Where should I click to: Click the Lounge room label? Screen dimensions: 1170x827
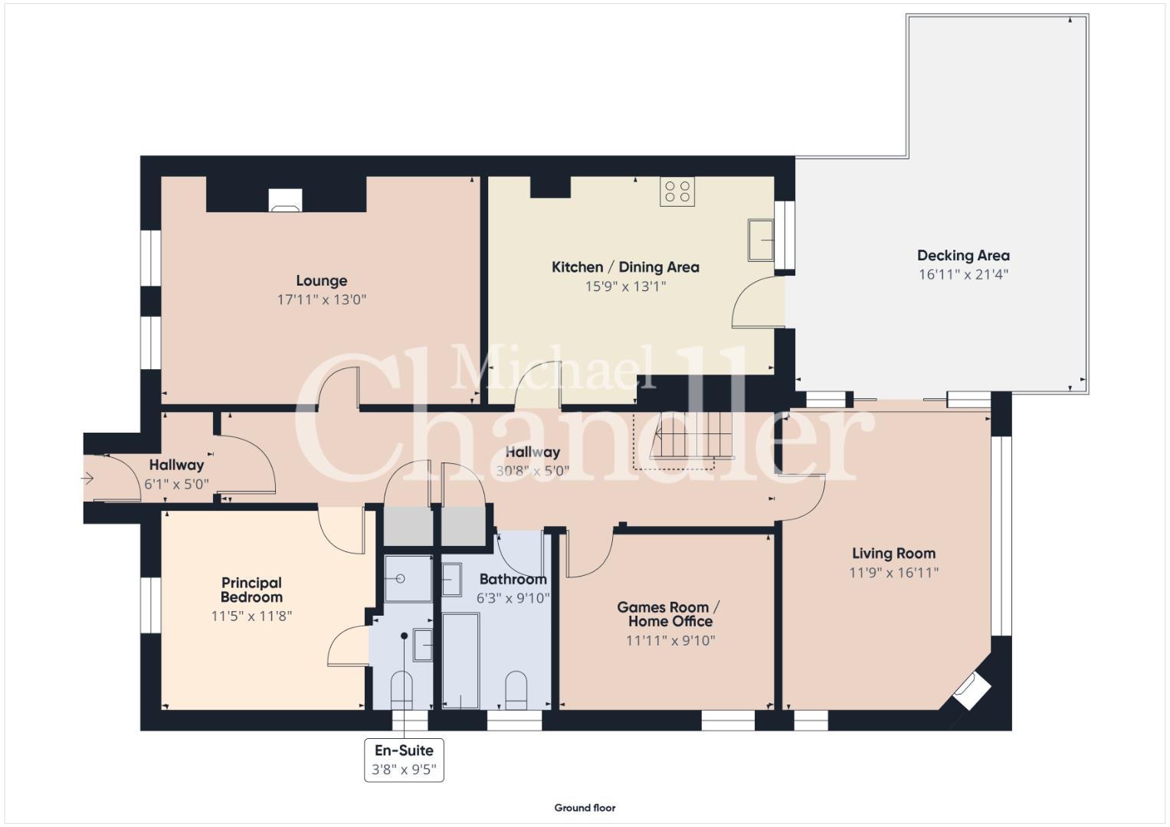click(x=321, y=281)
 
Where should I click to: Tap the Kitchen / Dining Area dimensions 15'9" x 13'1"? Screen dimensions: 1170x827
click(x=625, y=286)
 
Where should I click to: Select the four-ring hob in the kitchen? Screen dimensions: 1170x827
click(x=677, y=191)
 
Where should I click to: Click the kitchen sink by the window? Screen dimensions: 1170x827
click(x=761, y=240)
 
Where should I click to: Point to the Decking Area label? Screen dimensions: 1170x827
click(x=963, y=255)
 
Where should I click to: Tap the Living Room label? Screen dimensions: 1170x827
click(x=893, y=553)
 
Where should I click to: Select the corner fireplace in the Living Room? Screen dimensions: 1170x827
click(x=972, y=691)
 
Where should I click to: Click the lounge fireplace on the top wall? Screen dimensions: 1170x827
click(x=285, y=200)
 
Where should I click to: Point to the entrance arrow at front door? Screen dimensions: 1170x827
click(x=87, y=478)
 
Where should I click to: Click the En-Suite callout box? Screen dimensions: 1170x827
click(x=404, y=760)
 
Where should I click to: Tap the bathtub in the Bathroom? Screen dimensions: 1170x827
click(x=460, y=661)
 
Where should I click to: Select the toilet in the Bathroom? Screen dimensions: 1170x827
click(x=516, y=690)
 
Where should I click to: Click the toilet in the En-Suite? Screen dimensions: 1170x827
click(x=401, y=690)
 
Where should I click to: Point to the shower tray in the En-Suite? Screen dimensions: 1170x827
click(x=408, y=578)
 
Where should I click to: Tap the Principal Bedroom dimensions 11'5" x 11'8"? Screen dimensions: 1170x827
click(x=251, y=616)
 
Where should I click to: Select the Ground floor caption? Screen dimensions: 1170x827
click(x=585, y=808)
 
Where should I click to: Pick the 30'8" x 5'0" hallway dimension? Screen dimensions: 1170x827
click(x=533, y=471)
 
